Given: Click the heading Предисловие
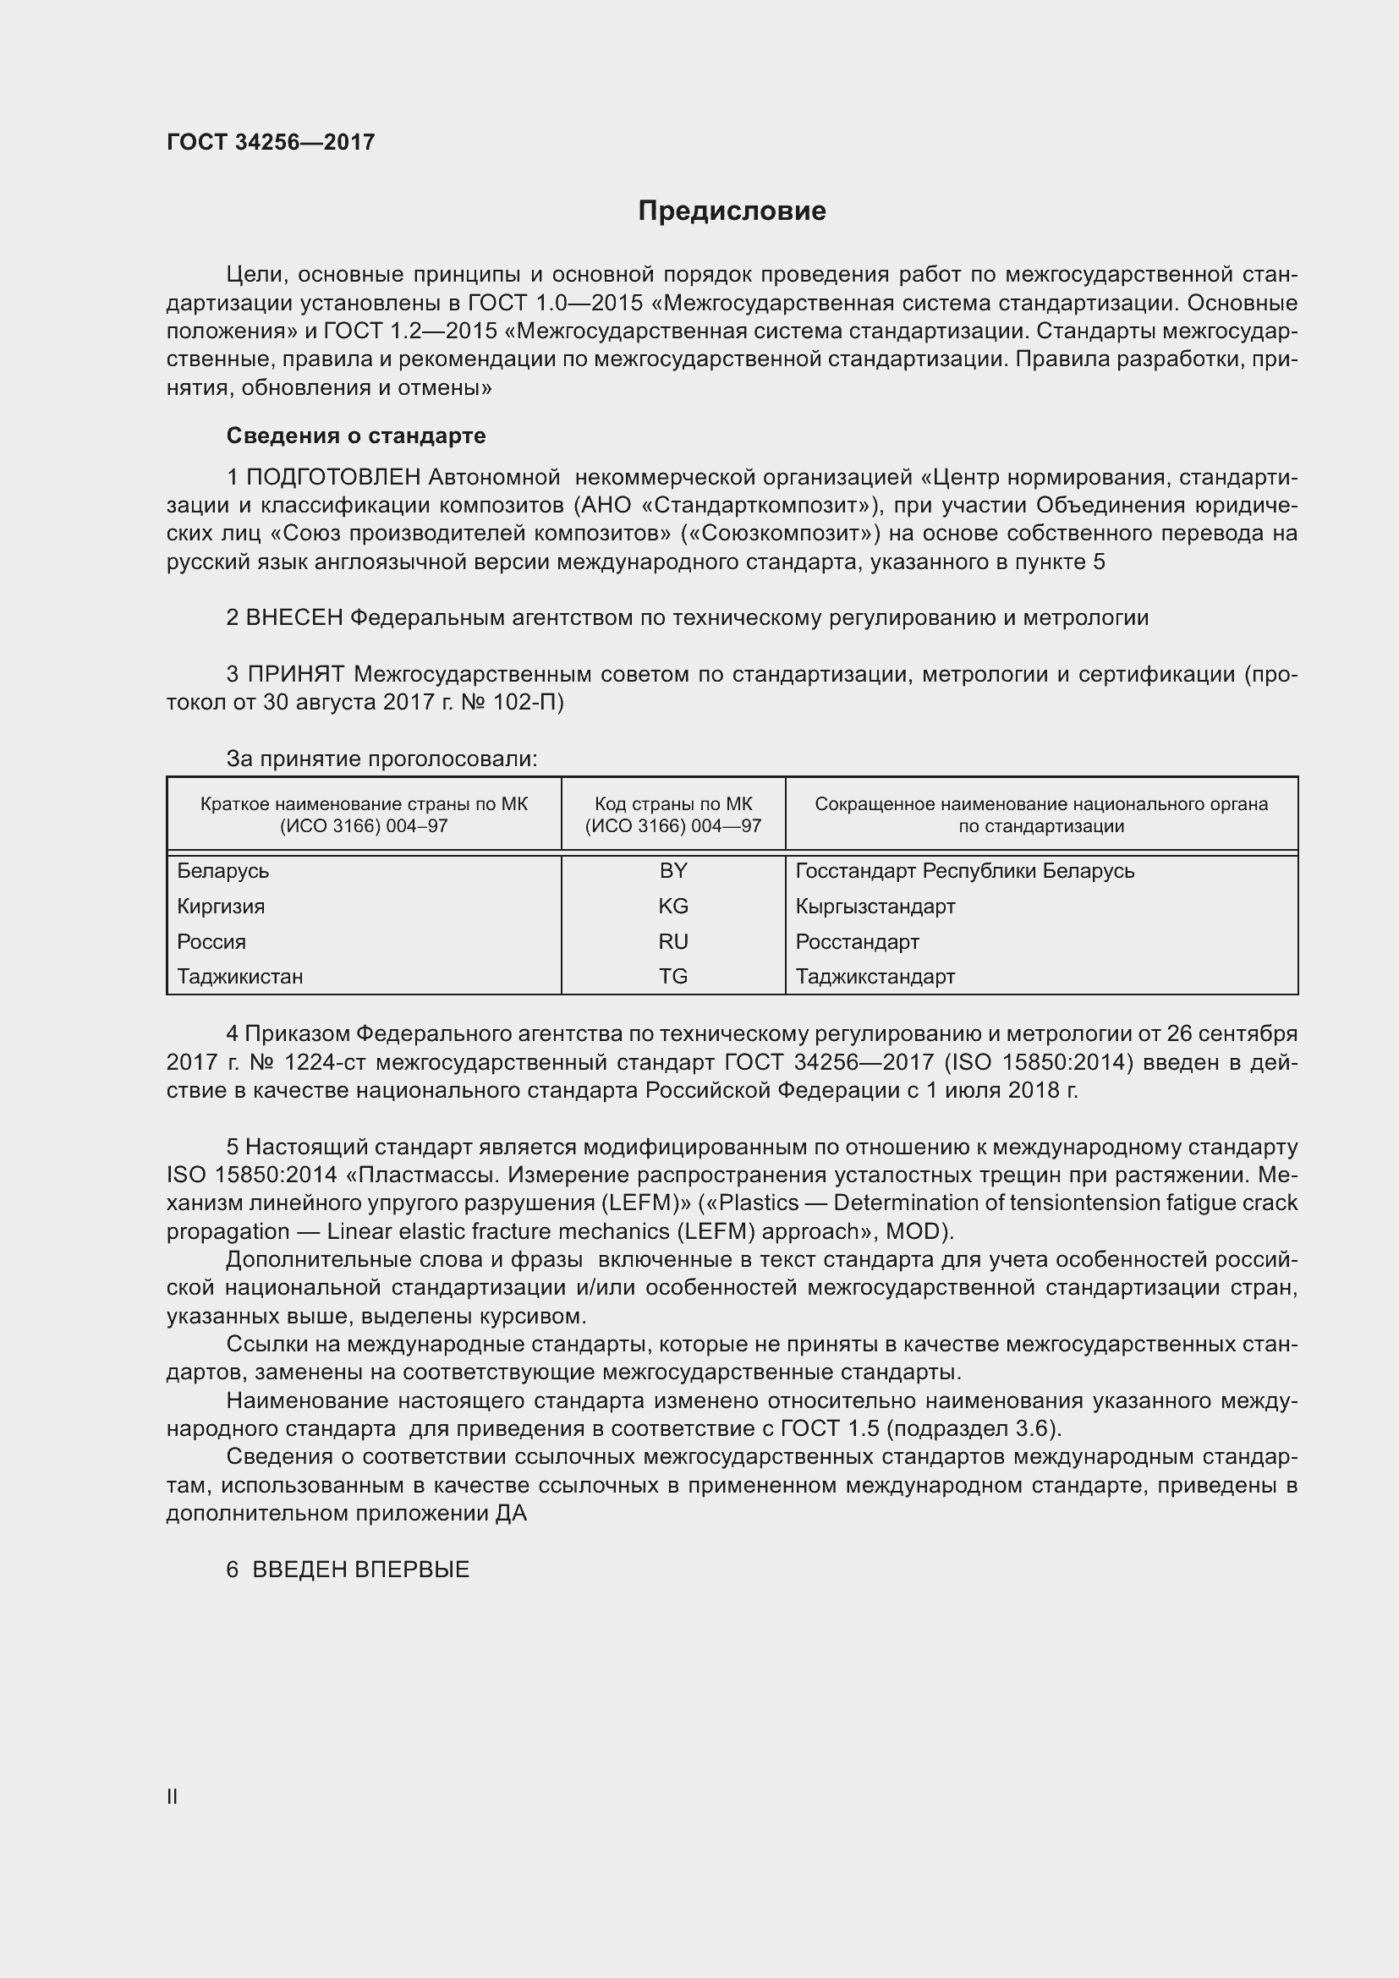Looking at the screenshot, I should pos(732,211).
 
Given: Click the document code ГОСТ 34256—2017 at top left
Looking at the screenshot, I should pos(271,142).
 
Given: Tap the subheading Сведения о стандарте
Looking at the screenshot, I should pos(356,436).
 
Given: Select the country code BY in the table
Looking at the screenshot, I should pos(672,871).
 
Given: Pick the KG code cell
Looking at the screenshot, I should pos(672,907).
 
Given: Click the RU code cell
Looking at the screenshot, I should pos(672,941).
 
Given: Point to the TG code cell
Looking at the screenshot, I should pos(672,977).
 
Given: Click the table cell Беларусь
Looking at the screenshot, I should pos(223,871).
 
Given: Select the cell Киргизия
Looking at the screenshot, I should pos(221,907).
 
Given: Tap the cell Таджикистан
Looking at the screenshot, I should pos(239,977).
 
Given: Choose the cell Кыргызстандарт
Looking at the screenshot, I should pos(875,907).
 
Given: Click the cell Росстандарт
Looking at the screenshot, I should pos(857,941).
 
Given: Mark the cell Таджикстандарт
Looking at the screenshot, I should pos(875,977).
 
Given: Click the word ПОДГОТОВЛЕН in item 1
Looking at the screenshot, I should pos(333,477).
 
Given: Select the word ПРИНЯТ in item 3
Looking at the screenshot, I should pos(295,675).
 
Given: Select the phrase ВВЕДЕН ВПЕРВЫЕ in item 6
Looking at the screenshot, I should pos(360,1570).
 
